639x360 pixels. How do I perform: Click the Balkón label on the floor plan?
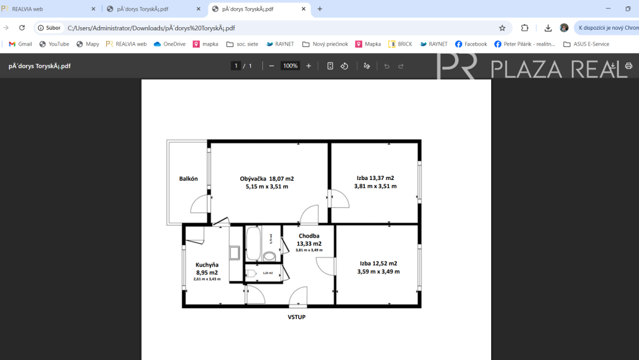point(188,179)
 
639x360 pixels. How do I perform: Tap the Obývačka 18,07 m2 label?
point(267,179)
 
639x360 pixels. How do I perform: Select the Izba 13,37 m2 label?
point(375,178)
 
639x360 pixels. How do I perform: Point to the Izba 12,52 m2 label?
point(379,263)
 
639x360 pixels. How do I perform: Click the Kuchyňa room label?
point(207,265)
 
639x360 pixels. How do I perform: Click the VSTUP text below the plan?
point(296,317)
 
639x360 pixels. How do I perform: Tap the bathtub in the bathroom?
point(253,243)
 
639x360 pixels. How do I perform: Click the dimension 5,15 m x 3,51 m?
point(267,187)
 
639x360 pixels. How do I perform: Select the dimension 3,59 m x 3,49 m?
point(379,272)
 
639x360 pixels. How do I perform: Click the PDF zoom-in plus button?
point(308,66)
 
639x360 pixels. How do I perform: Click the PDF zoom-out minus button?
point(272,66)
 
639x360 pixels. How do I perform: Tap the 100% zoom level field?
point(290,66)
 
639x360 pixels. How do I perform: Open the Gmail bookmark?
point(20,44)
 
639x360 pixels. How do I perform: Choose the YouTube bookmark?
point(54,44)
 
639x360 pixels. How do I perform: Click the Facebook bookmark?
point(471,44)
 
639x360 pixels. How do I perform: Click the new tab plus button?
point(320,9)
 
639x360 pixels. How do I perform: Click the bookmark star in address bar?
point(502,28)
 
